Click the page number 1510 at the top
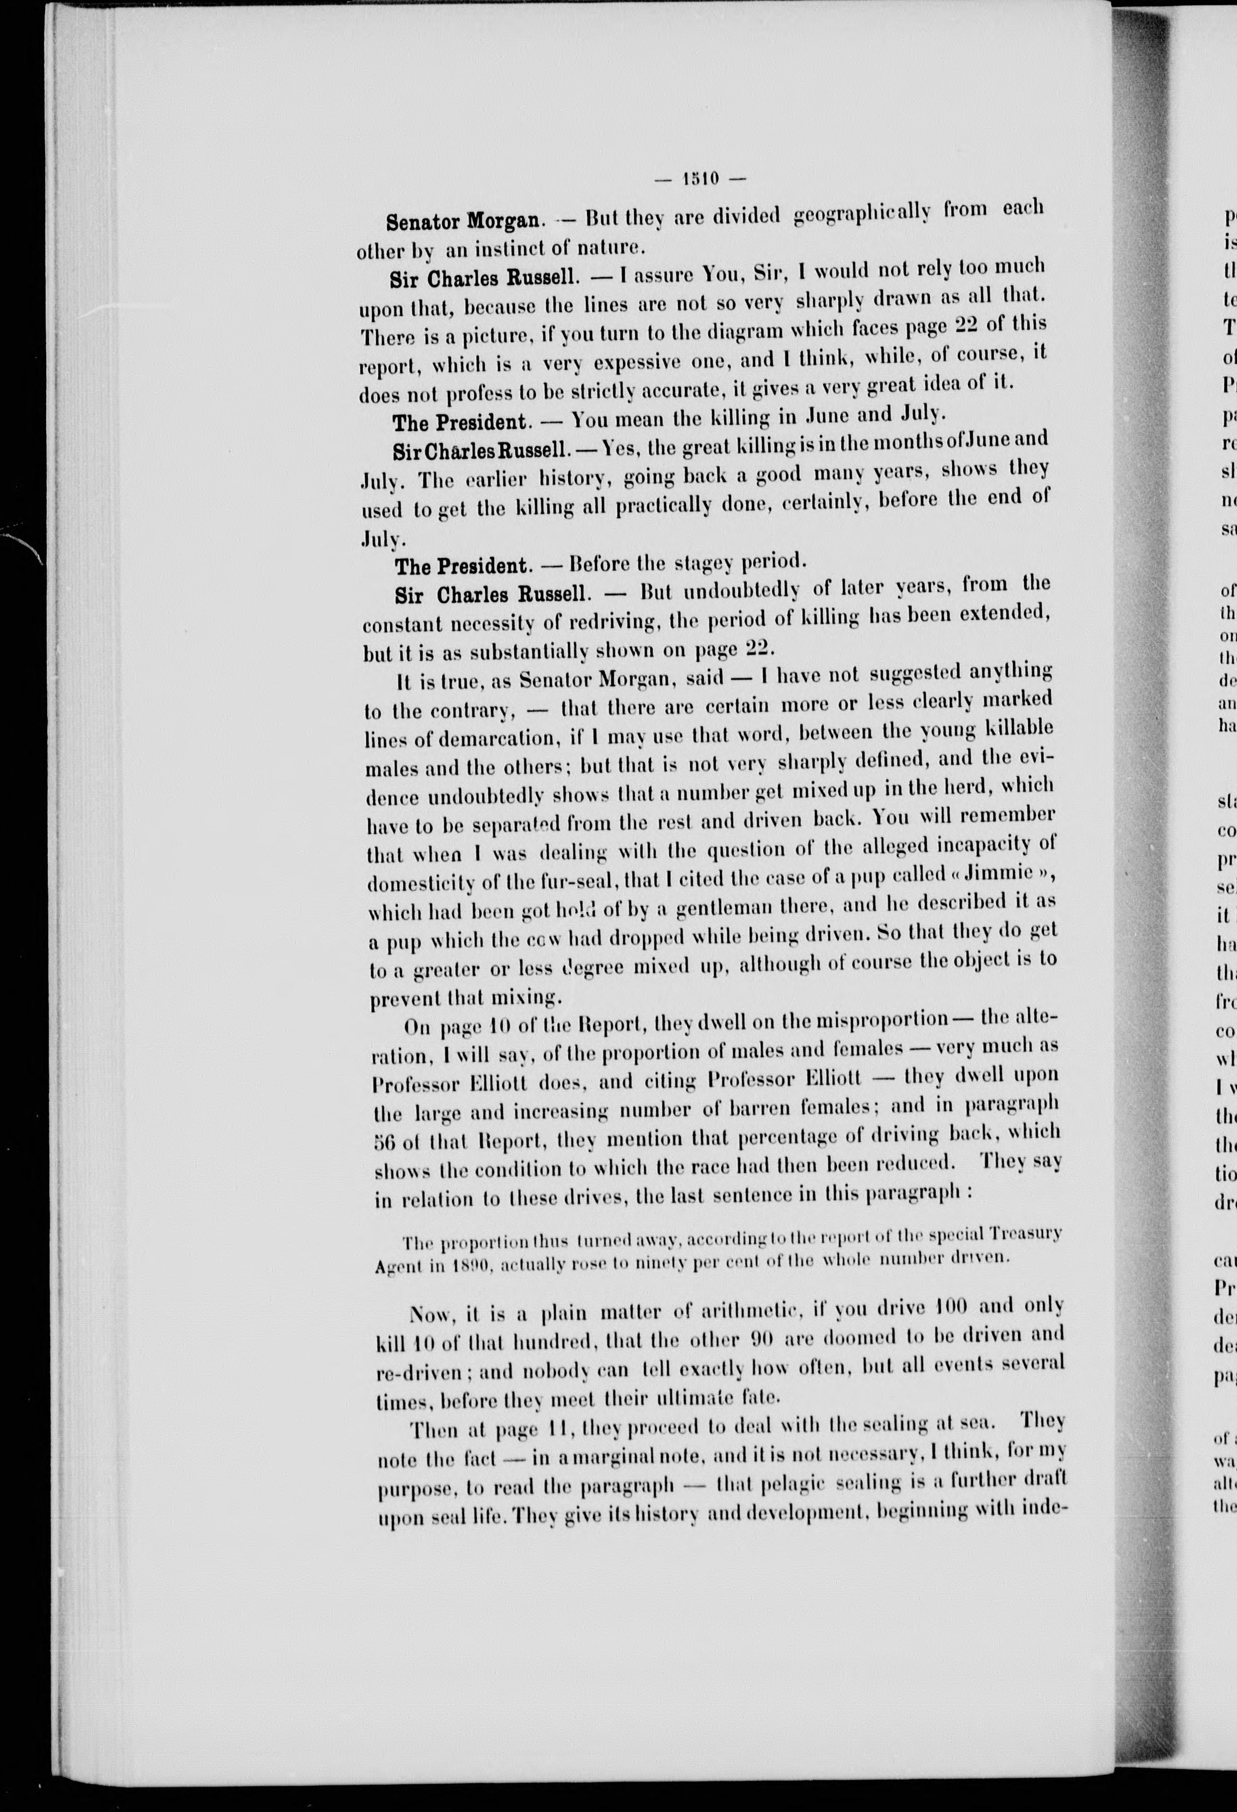click(x=701, y=178)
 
